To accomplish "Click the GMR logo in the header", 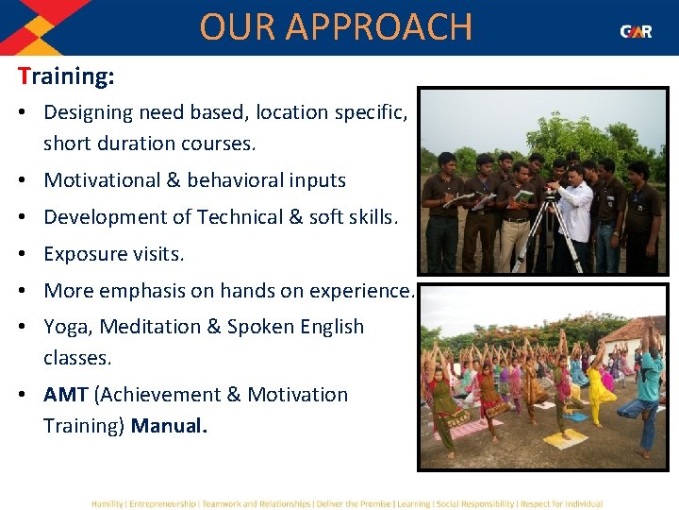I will [636, 31].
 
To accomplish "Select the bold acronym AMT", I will [65, 395].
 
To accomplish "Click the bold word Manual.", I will [169, 426].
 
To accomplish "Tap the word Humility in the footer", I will [107, 503].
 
